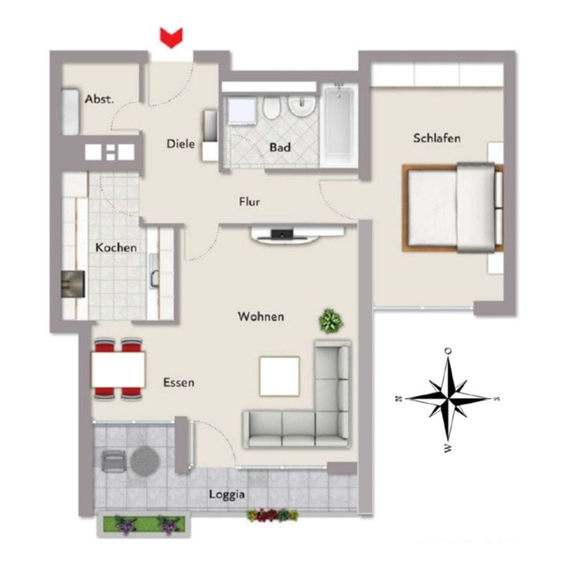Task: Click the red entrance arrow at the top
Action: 172,37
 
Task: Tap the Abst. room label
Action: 99,99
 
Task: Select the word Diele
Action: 181,144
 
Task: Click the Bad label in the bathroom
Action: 280,147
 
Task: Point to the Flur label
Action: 249,201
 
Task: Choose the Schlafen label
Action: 436,138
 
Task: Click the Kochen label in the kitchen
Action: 116,247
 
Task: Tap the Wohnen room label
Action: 261,316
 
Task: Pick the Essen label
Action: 179,382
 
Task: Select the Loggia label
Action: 227,494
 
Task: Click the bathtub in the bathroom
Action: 339,124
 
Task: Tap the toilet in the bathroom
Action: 271,110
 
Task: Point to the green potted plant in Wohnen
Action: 330,322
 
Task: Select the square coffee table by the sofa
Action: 280,376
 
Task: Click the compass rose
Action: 448,397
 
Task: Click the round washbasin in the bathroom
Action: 301,108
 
